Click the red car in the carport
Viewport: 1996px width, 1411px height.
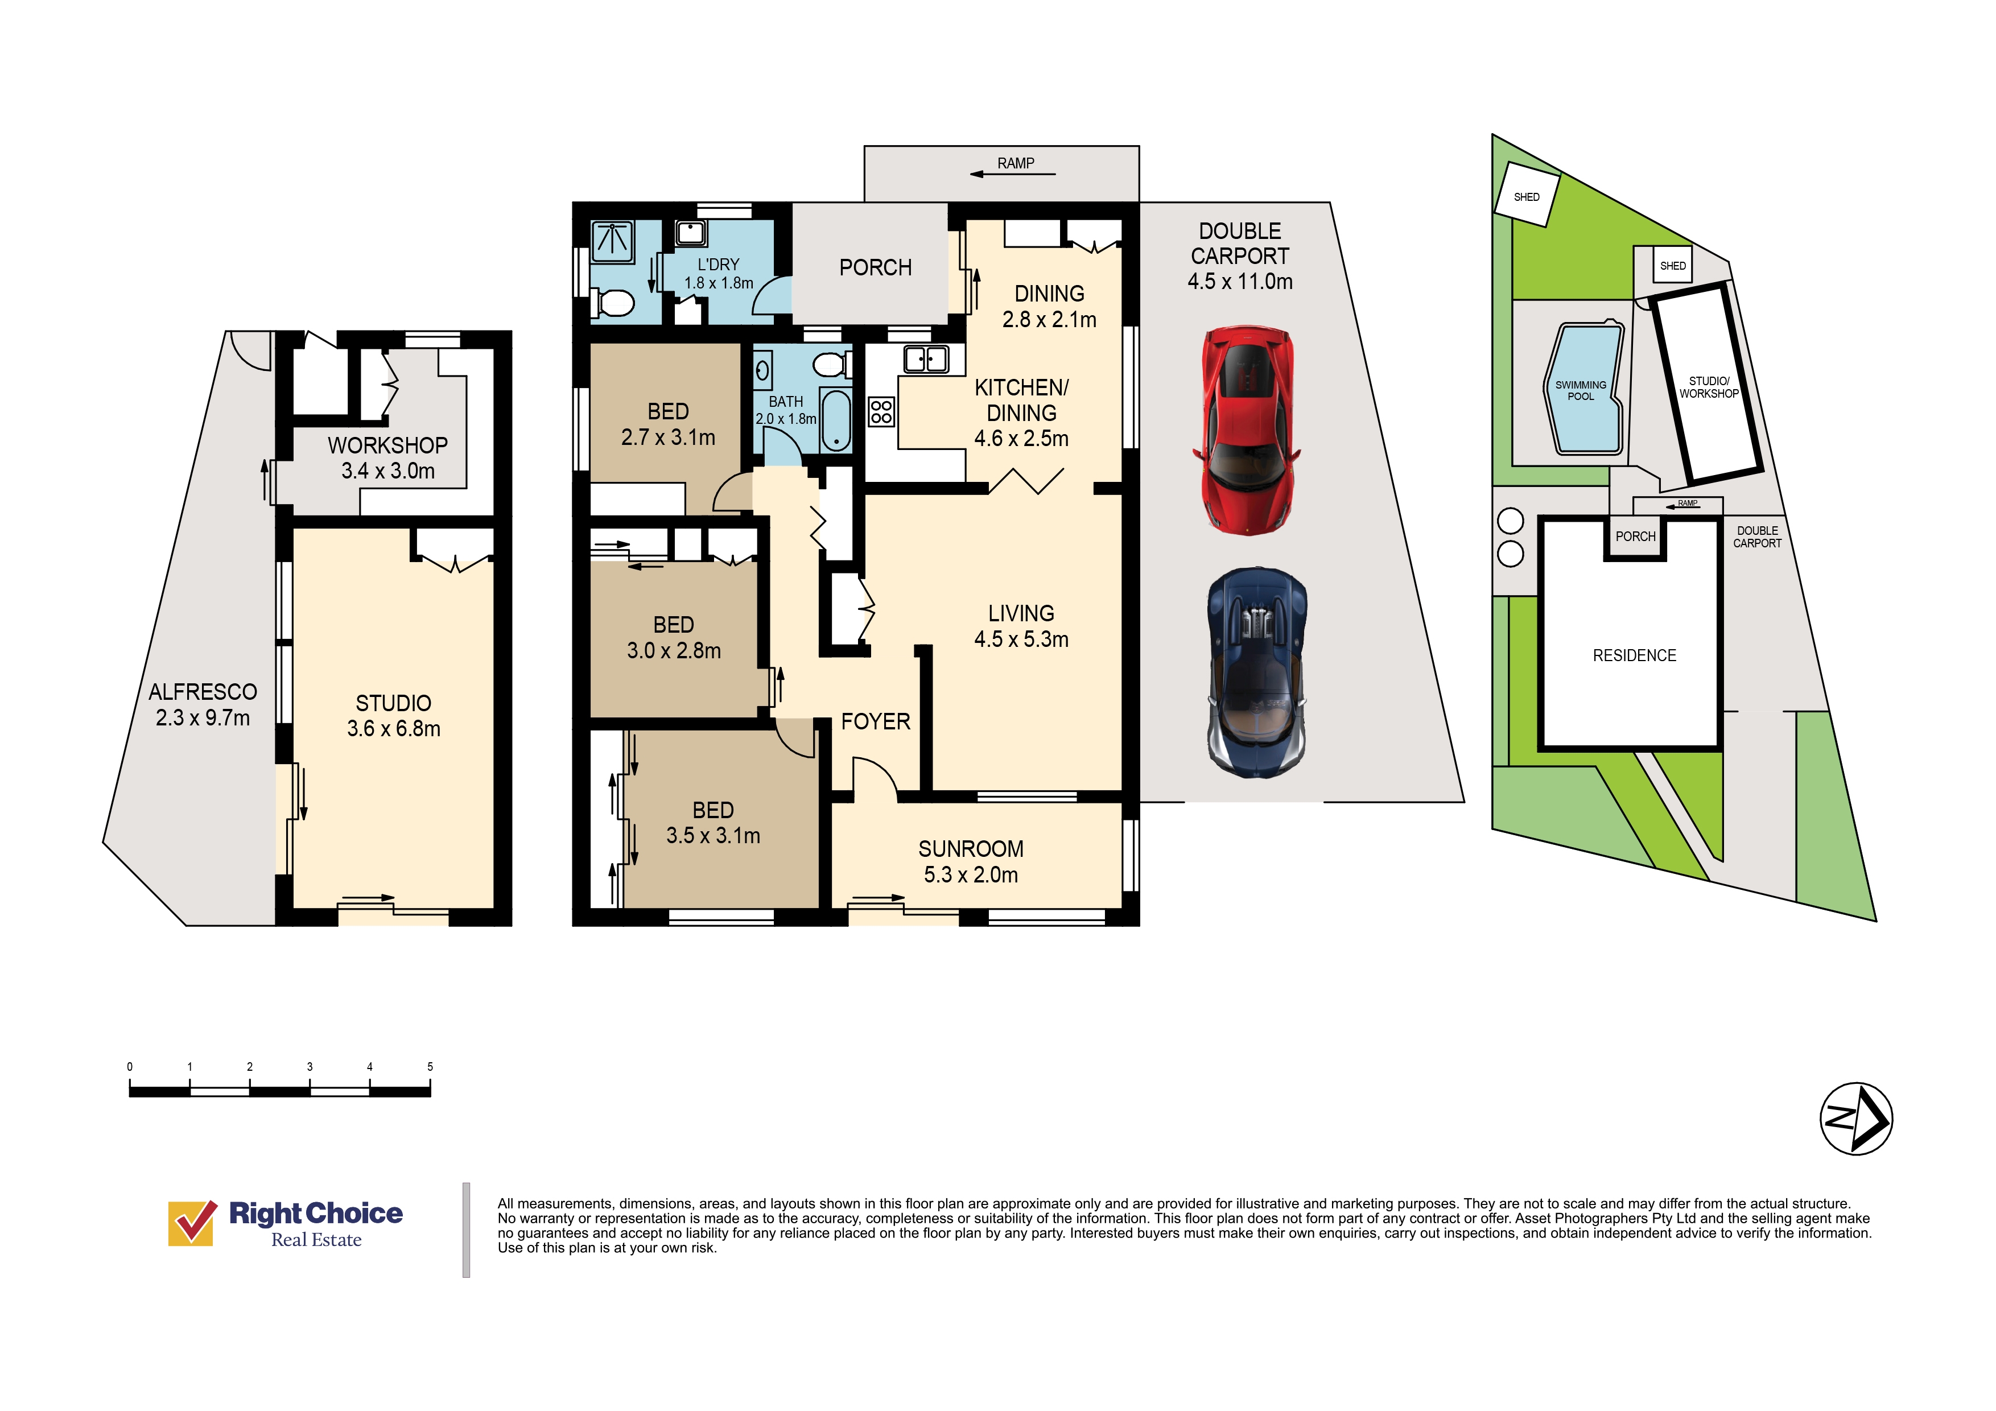point(1247,430)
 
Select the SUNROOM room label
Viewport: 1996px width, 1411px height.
point(971,849)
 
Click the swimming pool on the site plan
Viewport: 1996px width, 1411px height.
point(1583,389)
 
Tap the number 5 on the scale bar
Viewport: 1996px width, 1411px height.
point(430,1067)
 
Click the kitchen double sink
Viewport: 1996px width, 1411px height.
point(926,358)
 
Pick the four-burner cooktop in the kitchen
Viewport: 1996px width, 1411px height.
point(881,411)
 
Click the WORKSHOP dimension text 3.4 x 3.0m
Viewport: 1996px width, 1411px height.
point(387,471)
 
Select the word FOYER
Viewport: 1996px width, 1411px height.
point(876,721)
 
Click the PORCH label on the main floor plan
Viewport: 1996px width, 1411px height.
point(876,268)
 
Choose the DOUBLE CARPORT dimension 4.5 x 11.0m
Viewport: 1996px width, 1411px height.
point(1240,282)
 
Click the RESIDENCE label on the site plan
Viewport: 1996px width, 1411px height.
point(1634,655)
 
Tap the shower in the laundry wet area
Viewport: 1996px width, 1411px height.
point(612,240)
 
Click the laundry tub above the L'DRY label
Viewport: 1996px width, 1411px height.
point(691,233)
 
